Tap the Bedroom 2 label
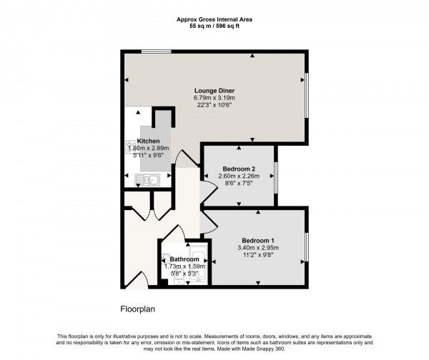(x=240, y=169)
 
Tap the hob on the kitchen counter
(x=131, y=145)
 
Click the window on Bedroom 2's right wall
(x=276, y=174)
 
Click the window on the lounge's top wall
(x=155, y=51)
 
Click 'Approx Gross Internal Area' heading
(x=214, y=19)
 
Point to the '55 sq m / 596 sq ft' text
(x=214, y=26)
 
